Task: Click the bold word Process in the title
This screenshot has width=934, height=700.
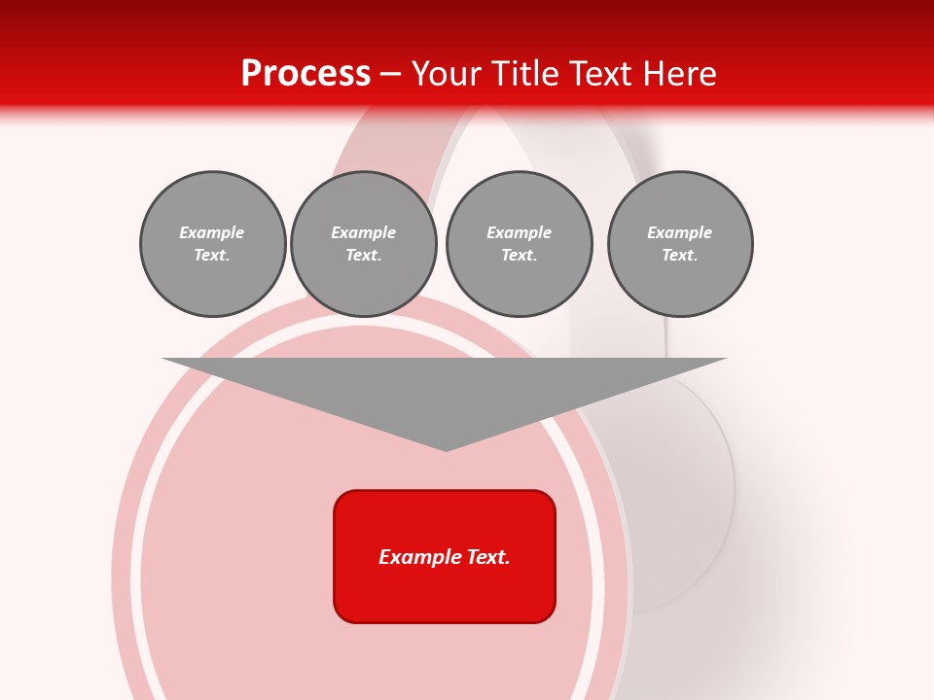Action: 305,74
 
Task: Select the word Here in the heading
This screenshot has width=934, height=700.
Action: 679,74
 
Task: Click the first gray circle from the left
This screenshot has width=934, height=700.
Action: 212,244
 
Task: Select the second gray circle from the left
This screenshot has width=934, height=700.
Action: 363,244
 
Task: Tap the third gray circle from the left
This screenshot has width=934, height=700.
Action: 519,244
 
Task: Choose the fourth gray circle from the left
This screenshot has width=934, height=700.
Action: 680,244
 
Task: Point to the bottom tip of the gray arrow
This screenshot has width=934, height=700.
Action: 446,448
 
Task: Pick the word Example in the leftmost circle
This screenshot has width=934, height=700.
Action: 212,232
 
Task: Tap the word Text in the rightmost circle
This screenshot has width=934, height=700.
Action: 679,256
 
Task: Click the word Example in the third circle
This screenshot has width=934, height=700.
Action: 519,232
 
